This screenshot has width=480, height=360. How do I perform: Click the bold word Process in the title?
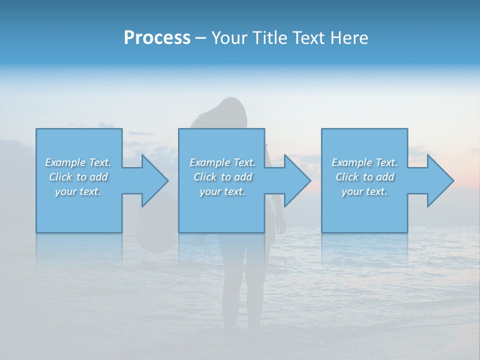click(157, 38)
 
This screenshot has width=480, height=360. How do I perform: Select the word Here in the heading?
click(348, 38)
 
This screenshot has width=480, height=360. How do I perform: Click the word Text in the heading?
click(308, 38)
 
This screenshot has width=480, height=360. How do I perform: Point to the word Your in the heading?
click(228, 38)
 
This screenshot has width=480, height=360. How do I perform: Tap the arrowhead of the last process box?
click(438, 180)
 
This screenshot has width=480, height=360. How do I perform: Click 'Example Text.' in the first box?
click(78, 162)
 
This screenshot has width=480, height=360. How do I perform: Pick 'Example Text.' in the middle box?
click(222, 162)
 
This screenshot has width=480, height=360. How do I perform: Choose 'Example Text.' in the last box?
click(364, 162)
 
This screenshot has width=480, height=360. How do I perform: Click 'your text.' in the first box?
click(78, 191)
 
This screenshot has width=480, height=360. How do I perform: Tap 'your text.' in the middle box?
click(222, 191)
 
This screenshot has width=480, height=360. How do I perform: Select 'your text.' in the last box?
click(364, 191)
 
